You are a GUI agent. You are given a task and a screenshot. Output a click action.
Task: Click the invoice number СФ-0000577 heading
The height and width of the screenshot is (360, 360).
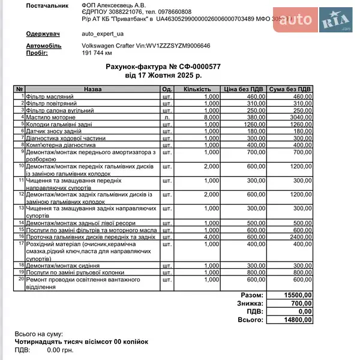click(x=163, y=67)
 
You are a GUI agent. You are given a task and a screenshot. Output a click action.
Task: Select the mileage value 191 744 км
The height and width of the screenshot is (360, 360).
click(x=97, y=53)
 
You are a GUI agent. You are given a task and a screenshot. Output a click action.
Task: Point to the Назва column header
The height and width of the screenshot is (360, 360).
click(x=92, y=89)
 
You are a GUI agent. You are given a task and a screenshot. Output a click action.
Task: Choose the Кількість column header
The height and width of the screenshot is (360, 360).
click(x=197, y=89)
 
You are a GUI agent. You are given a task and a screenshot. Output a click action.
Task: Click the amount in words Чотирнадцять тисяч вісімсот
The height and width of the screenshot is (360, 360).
click(x=81, y=341)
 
